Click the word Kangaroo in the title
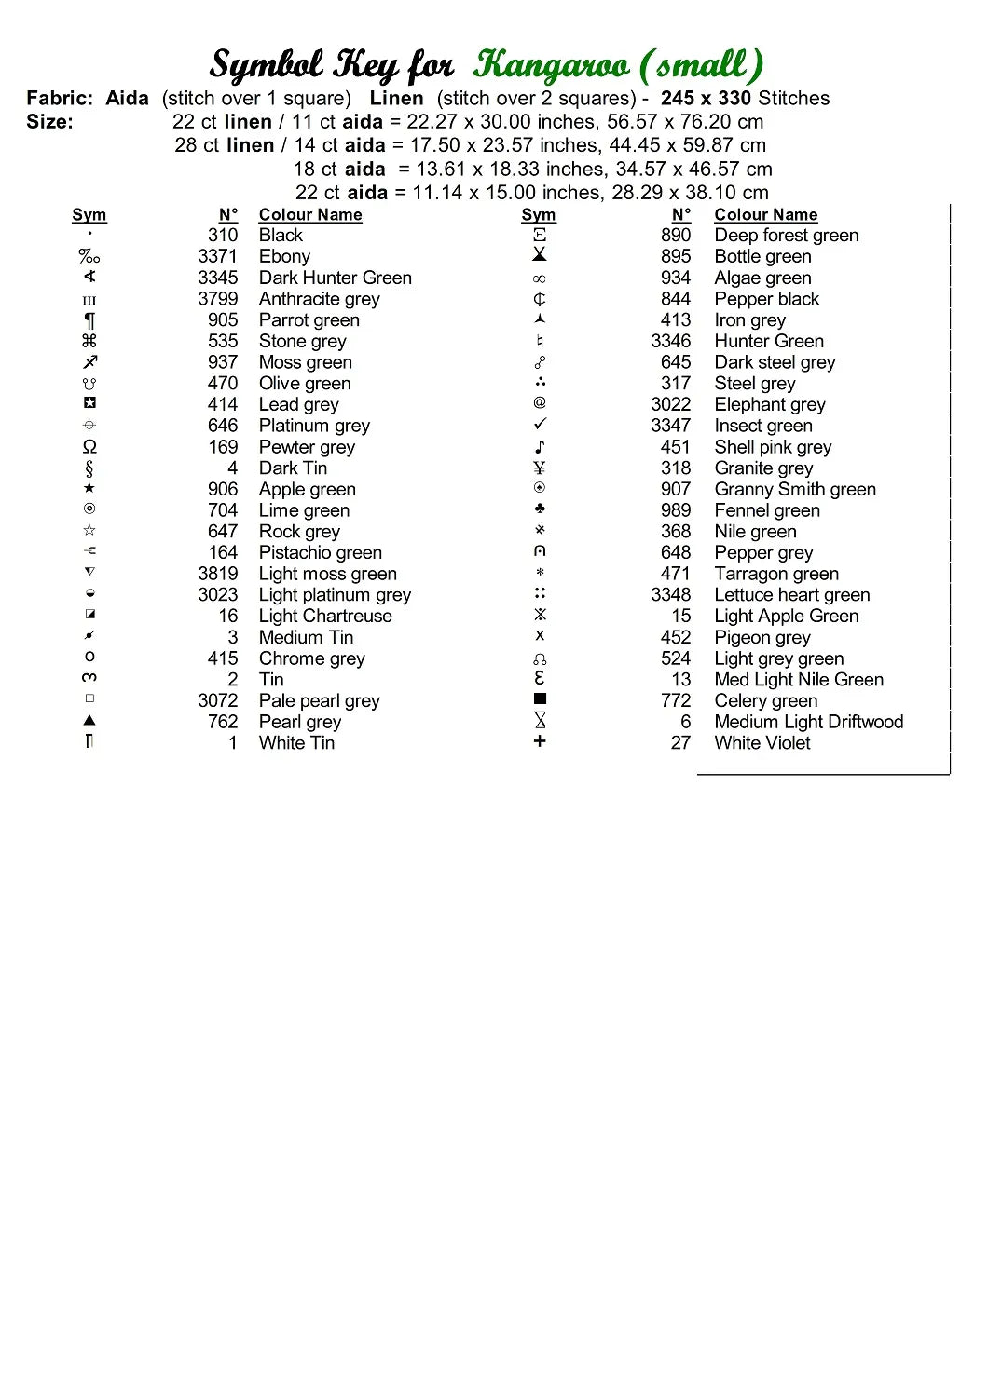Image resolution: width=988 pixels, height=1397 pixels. click(551, 65)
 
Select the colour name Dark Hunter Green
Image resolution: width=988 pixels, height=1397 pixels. click(335, 278)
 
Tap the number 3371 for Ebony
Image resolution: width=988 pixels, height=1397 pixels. click(217, 256)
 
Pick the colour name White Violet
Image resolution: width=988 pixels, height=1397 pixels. click(762, 743)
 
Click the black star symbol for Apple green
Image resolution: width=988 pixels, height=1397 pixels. click(89, 488)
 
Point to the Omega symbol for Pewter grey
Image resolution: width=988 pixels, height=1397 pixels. click(89, 447)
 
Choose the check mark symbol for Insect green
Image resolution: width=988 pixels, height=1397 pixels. click(540, 425)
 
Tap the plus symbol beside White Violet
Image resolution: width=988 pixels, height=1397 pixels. click(540, 741)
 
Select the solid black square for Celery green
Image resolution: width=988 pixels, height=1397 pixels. click(540, 699)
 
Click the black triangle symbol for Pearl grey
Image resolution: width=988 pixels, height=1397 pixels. click(89, 720)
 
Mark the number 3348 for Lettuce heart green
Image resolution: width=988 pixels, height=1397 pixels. click(670, 595)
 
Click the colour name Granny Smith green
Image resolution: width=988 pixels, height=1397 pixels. click(794, 489)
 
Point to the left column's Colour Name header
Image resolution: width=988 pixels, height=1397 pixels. click(310, 215)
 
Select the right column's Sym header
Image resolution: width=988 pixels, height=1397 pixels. click(539, 215)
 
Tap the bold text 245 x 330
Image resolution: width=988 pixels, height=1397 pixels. click(706, 99)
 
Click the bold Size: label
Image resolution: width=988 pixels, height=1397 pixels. click(49, 122)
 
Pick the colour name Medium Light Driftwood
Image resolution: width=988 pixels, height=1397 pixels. click(808, 722)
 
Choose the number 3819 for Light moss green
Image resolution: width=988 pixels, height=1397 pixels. click(217, 574)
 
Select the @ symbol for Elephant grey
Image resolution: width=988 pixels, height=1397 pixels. click(540, 403)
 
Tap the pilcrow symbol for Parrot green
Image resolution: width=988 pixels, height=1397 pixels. click(89, 320)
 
